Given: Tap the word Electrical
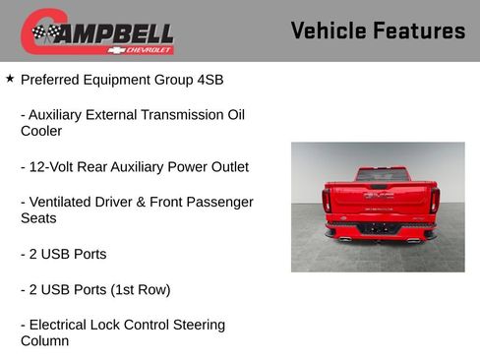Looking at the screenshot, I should pyautogui.click(x=62, y=325).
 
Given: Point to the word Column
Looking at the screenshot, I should pyautogui.click(x=45, y=341).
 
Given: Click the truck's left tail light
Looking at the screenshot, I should pyautogui.click(x=327, y=200).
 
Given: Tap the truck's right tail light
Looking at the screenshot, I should pyautogui.click(x=434, y=200).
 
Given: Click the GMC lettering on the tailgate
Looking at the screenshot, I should pyautogui.click(x=379, y=196).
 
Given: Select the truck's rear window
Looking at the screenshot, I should pyautogui.click(x=382, y=174).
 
